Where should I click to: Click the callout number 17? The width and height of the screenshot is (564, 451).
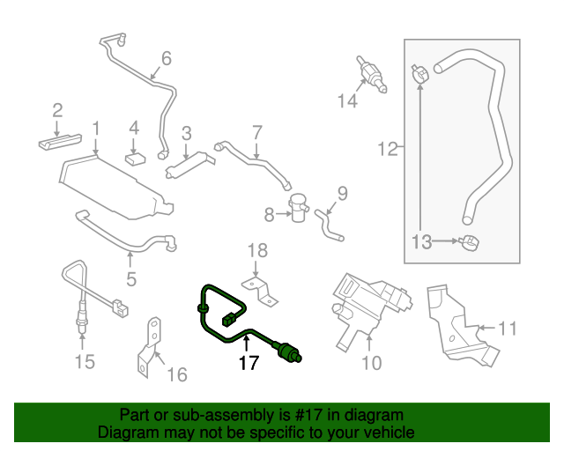click(249, 362)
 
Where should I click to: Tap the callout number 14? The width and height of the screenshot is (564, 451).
click(347, 101)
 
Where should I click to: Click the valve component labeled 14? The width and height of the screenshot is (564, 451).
click(371, 74)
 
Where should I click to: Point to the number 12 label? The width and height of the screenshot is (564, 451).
click(388, 150)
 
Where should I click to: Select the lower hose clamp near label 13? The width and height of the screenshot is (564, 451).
click(471, 242)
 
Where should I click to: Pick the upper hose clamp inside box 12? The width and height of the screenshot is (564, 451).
click(420, 73)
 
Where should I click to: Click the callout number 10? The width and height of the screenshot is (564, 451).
click(371, 362)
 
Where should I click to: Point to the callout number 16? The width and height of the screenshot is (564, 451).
click(177, 375)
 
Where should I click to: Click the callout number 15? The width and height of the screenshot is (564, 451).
click(84, 362)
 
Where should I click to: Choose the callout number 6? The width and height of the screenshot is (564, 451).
click(165, 59)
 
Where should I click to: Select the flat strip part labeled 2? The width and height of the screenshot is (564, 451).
click(61, 140)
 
